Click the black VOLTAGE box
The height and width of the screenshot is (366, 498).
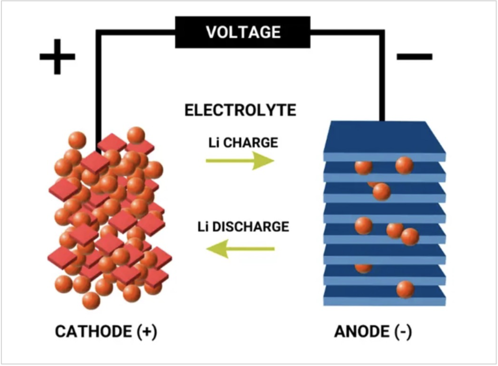pyautogui.click(x=244, y=32)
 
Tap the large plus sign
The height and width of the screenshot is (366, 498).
pyautogui.click(x=57, y=56)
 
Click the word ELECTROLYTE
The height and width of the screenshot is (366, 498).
pyautogui.click(x=241, y=110)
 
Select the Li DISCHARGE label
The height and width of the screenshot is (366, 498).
pyautogui.click(x=243, y=227)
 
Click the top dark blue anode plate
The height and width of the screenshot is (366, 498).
pyautogui.click(x=383, y=137)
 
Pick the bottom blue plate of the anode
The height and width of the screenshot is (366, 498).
pyautogui.click(x=383, y=298)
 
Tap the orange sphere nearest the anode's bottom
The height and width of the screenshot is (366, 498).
pyautogui.click(x=405, y=289)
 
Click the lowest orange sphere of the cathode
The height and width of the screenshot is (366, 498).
pyautogui.click(x=91, y=300)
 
